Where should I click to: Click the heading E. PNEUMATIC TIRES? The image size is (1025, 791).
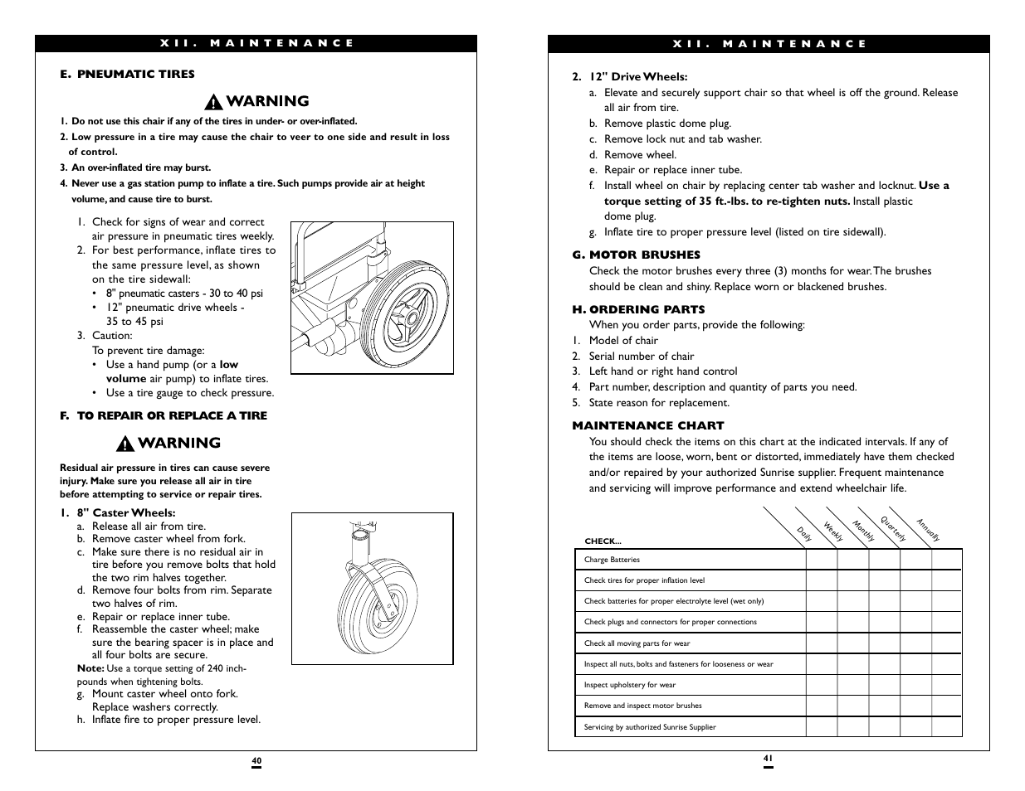click(x=127, y=74)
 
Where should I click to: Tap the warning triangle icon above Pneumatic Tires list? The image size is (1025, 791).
click(x=214, y=102)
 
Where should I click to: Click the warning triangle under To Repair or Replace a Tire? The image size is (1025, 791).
click(x=125, y=444)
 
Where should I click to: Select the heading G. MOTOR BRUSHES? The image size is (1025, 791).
click(x=636, y=255)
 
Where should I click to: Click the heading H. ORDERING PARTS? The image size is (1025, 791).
click(x=638, y=309)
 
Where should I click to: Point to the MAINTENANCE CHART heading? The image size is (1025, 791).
click(x=647, y=425)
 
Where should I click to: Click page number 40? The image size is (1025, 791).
click(x=256, y=760)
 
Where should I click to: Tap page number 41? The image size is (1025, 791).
click(x=768, y=757)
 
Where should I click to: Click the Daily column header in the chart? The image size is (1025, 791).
click(x=804, y=535)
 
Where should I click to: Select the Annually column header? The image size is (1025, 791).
click(x=928, y=530)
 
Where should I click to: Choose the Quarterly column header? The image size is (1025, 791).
click(x=893, y=530)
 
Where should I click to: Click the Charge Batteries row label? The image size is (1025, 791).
click(x=612, y=560)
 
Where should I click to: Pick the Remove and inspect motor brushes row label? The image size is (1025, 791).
click(x=642, y=706)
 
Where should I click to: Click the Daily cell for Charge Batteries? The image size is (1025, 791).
click(x=821, y=560)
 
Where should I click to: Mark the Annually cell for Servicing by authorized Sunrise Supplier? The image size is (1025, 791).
click(x=946, y=727)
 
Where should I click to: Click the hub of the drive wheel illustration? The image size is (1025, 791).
click(x=410, y=318)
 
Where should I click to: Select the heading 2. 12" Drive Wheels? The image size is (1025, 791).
click(x=630, y=76)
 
